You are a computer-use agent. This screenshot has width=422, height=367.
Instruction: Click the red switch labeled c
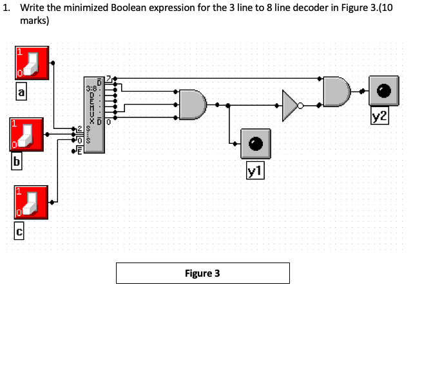[31, 204]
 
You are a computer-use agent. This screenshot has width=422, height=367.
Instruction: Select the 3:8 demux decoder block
[93, 115]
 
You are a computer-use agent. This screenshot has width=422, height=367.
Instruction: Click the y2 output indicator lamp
[384, 92]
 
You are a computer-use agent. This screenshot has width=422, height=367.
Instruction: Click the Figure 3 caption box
[202, 273]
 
